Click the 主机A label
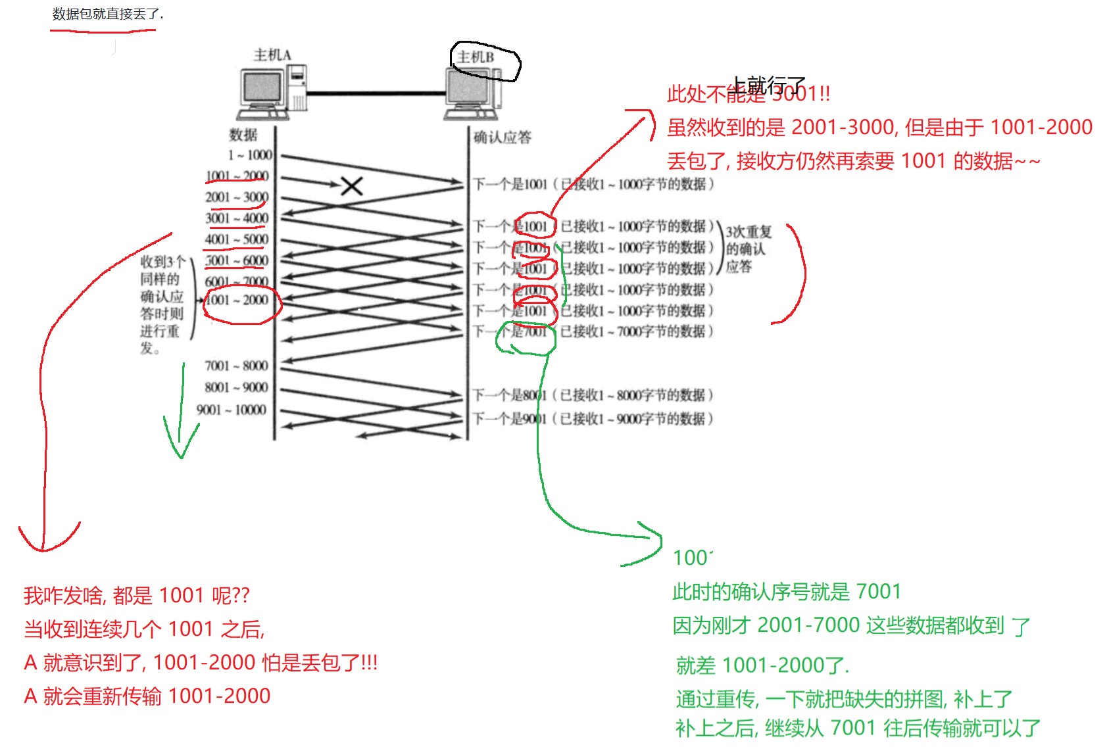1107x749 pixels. tap(272, 55)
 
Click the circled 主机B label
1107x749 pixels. tap(476, 58)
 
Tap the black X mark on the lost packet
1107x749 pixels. tap(352, 186)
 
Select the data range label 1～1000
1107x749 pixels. tap(250, 155)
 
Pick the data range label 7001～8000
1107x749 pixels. tap(236, 366)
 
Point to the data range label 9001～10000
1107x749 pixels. tap(232, 410)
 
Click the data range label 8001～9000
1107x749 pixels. tap(236, 387)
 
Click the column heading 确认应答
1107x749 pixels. tap(503, 137)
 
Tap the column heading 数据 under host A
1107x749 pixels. tap(243, 135)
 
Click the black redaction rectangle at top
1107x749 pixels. tap(230, 18)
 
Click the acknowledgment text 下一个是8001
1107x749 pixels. tap(510, 395)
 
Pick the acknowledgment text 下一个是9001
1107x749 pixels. tap(510, 419)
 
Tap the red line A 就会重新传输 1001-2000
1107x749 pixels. tap(147, 696)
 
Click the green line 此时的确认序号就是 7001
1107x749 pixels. tap(787, 592)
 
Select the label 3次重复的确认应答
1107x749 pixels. tap(747, 249)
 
